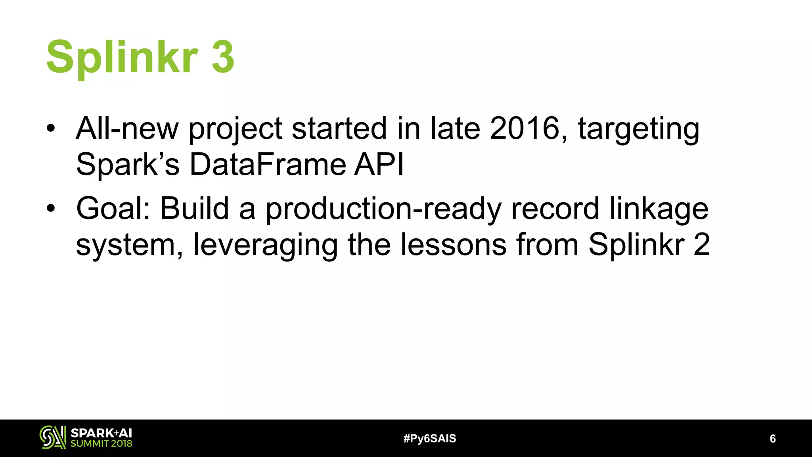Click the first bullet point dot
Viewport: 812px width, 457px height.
(x=51, y=128)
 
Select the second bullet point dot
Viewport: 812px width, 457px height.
(x=51, y=208)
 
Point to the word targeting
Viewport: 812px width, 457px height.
(x=638, y=129)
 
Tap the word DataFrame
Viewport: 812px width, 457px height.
(x=268, y=164)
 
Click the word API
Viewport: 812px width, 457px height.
(x=379, y=164)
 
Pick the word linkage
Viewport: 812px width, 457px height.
(x=659, y=209)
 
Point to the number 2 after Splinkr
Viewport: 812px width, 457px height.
(x=702, y=244)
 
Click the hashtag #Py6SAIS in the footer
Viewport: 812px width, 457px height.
(x=430, y=438)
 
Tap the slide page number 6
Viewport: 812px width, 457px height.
(x=772, y=438)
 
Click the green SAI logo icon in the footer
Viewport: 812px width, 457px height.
(x=52, y=438)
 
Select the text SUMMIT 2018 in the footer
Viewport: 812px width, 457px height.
(x=101, y=444)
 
